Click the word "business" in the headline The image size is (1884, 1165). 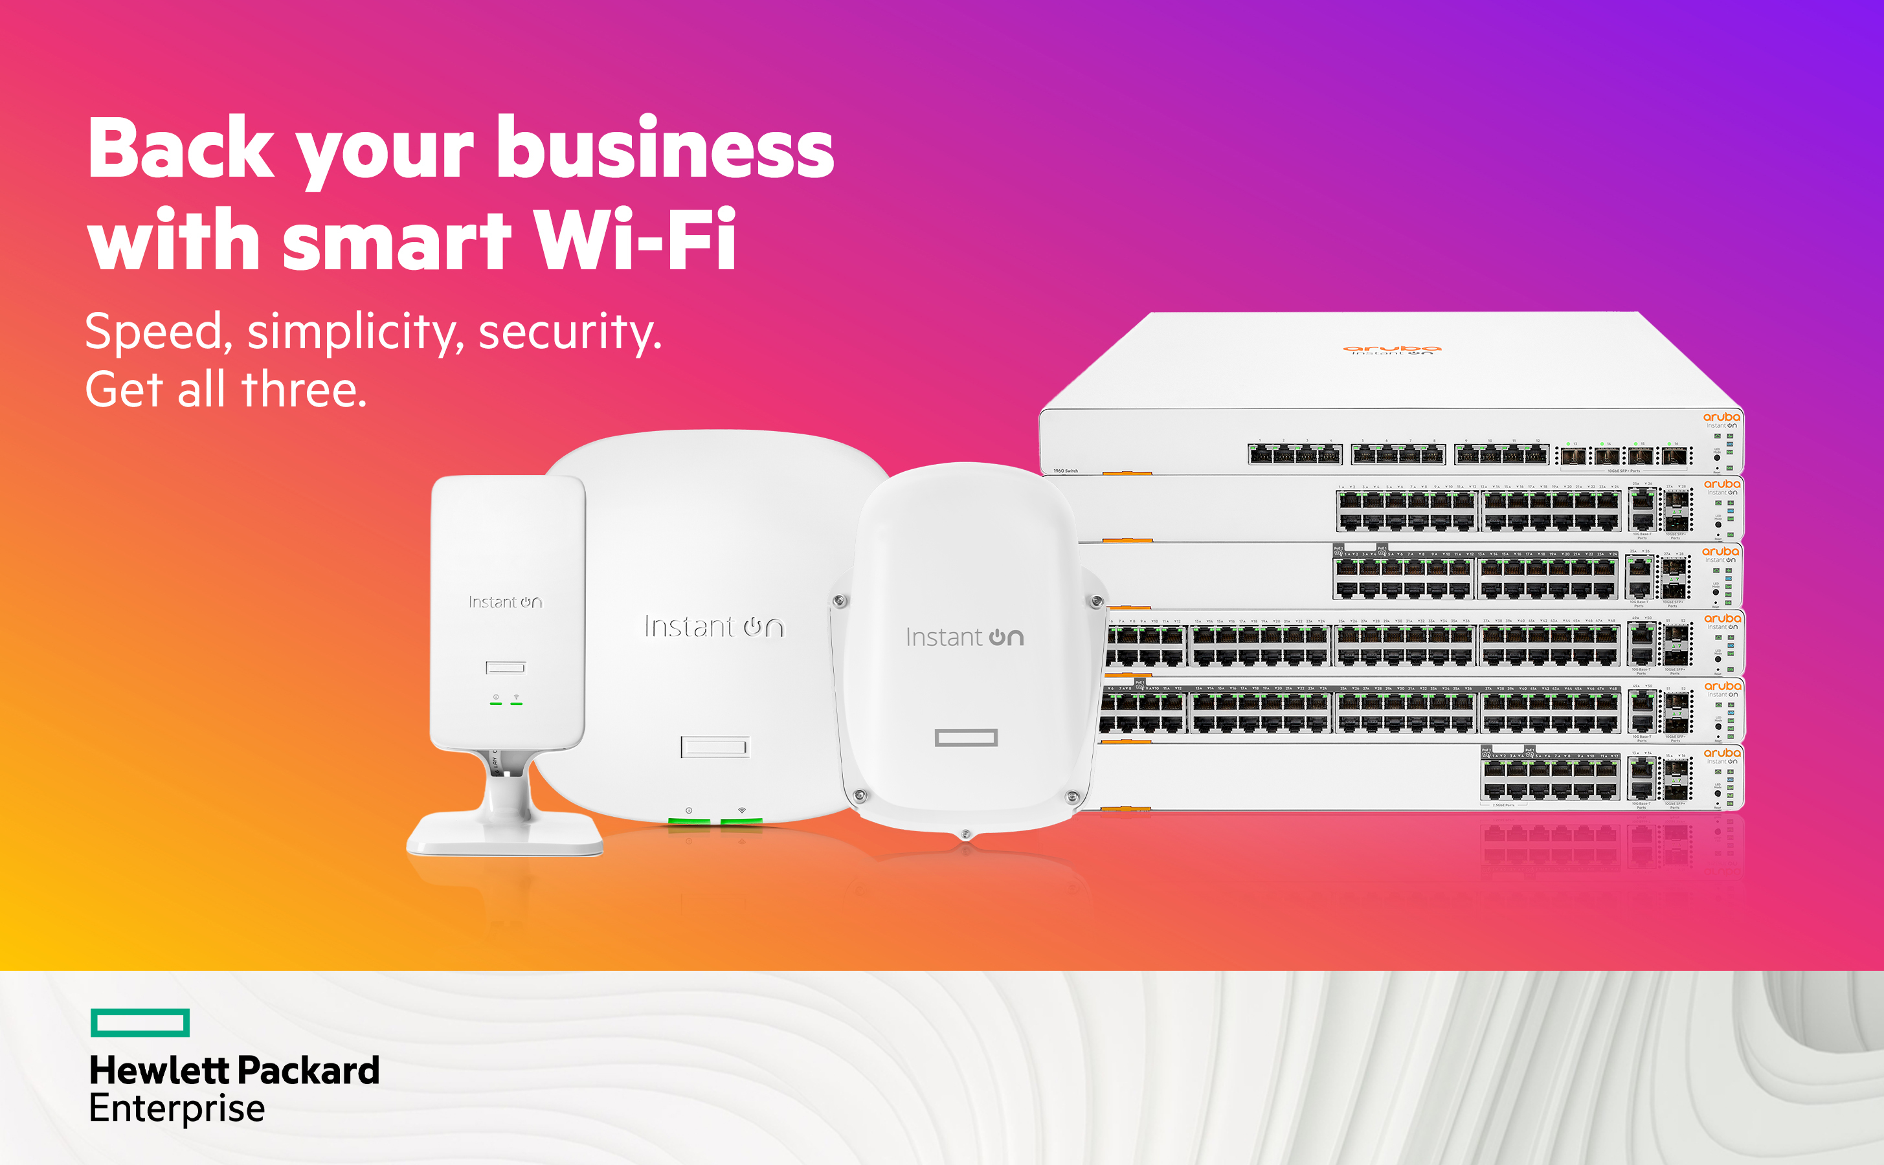[665, 148]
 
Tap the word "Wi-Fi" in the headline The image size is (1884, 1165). [634, 240]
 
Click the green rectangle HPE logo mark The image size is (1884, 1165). [140, 1023]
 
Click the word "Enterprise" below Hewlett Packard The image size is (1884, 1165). [177, 1108]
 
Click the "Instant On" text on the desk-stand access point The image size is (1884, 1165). [505, 602]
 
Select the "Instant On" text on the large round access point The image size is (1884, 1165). [713, 627]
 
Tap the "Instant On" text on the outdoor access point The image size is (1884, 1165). [964, 638]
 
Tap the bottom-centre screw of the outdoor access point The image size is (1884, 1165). [965, 834]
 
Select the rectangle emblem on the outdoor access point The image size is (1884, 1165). [965, 738]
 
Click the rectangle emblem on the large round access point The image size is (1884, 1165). [714, 746]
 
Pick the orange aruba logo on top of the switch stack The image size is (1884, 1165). [1391, 349]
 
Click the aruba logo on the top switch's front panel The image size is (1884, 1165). [1721, 417]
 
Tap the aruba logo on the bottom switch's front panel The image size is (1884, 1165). [1721, 753]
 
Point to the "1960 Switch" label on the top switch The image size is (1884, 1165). [1066, 470]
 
